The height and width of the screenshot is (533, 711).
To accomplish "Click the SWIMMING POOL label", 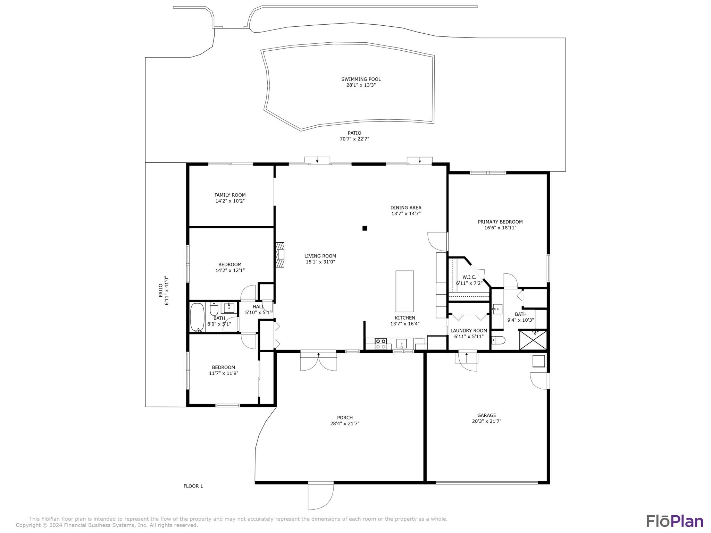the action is click(x=361, y=79).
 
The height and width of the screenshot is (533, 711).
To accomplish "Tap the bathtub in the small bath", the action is click(x=197, y=318).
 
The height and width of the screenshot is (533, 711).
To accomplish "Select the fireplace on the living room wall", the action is click(x=280, y=255).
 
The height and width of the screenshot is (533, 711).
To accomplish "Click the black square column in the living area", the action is click(x=365, y=228).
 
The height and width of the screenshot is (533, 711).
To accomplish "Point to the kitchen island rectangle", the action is click(x=405, y=291).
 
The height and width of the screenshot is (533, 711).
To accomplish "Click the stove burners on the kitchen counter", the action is click(x=380, y=344).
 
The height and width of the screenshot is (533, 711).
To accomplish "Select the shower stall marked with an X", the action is click(x=533, y=340).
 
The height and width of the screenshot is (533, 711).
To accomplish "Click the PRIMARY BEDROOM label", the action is click(x=500, y=222).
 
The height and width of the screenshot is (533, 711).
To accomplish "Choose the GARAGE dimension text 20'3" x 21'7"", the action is click(x=487, y=421).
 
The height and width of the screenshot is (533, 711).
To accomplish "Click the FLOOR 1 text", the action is click(x=193, y=486).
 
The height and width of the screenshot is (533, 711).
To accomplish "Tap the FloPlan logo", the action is click(x=675, y=521).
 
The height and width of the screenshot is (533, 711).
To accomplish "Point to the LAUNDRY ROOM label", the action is click(x=469, y=331).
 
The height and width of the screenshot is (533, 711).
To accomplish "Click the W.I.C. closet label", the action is click(x=469, y=277).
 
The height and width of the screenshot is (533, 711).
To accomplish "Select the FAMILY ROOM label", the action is click(x=230, y=195).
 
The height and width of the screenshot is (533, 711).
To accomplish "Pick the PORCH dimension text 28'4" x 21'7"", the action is click(x=345, y=423).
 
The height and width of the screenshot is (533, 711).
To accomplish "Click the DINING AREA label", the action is click(x=406, y=208).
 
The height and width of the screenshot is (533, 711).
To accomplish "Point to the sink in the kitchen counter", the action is click(x=402, y=344).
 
